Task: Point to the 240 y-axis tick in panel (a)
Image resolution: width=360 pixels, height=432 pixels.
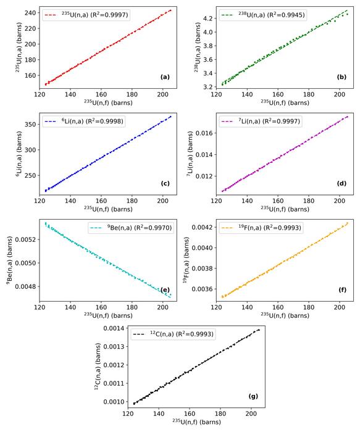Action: (x=28, y=12)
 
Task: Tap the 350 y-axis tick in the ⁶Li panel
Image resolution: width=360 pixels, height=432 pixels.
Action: (x=28, y=123)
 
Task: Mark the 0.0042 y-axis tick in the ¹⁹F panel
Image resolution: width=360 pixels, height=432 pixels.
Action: (x=201, y=227)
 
